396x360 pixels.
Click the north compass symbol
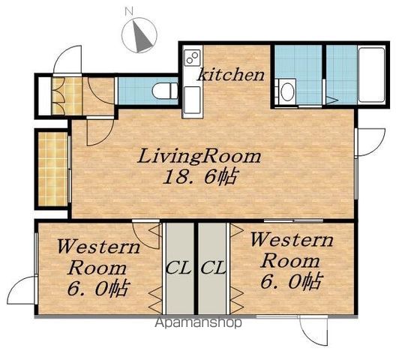click(x=139, y=35)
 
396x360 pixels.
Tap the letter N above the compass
click(x=129, y=11)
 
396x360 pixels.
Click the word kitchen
click(x=231, y=74)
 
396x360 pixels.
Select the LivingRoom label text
click(x=199, y=157)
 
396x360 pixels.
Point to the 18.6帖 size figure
click(x=199, y=176)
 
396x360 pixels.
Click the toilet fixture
click(x=165, y=91)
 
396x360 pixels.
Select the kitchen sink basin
click(x=193, y=100)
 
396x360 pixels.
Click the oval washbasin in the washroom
click(x=286, y=91)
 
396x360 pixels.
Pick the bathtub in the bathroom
click(x=371, y=75)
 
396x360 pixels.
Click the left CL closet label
click(x=178, y=268)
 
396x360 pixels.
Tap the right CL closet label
click(x=213, y=268)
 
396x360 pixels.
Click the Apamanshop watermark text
click(x=198, y=322)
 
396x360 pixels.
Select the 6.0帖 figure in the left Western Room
click(x=99, y=287)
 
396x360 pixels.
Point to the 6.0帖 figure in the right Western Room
click(x=292, y=280)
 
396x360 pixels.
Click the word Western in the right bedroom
click(x=292, y=240)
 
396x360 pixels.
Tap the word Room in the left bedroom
click(x=97, y=268)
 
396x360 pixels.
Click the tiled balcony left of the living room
click(x=53, y=169)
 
